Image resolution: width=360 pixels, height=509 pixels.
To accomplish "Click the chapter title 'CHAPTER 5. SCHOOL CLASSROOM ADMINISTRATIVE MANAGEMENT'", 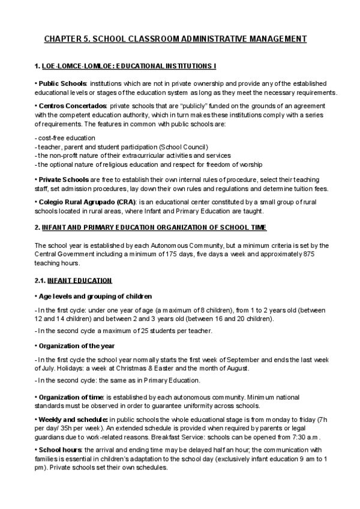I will tap(175, 39).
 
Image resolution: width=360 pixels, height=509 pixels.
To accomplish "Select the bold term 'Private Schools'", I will tap(63, 179).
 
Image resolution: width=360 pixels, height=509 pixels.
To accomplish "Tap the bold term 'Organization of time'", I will tap(71, 397).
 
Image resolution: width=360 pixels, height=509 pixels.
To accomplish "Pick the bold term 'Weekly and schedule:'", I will tap(73, 419).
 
